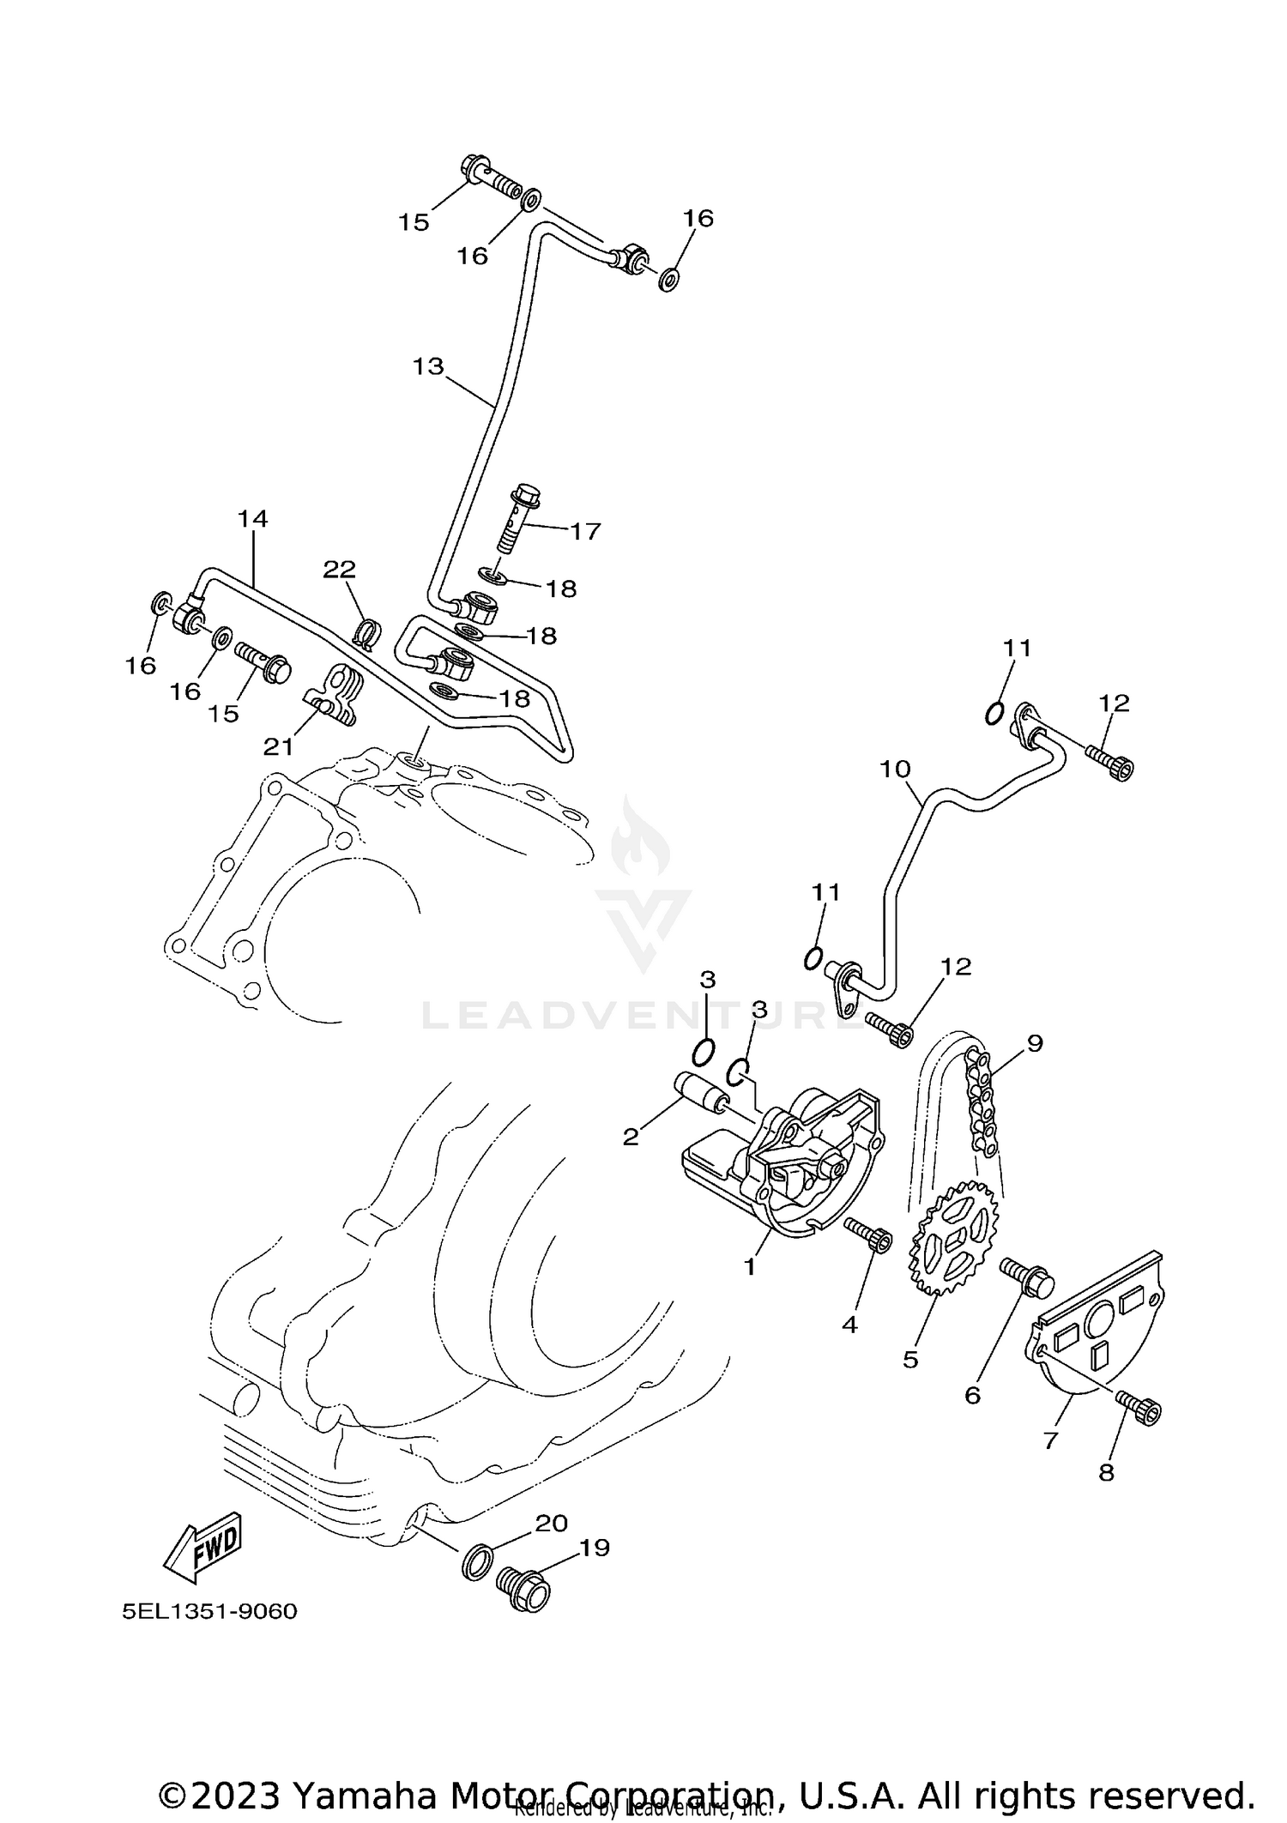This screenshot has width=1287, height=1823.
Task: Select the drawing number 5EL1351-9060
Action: coord(209,1635)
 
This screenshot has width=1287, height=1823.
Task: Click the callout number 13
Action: coord(427,366)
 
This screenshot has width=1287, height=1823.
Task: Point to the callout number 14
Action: coord(252,518)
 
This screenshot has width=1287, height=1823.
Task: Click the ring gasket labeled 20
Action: coord(478,1561)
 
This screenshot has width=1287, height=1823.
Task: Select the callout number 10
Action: coord(894,769)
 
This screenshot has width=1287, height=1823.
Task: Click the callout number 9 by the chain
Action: coord(1034,1043)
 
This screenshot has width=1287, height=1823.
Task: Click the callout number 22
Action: coord(339,569)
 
